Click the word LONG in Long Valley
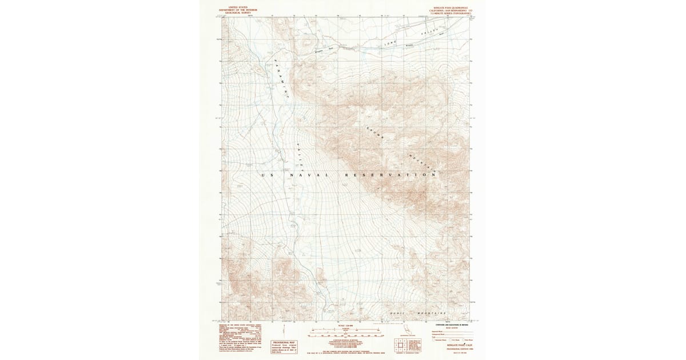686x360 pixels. (390, 42)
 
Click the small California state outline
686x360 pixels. (407, 330)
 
